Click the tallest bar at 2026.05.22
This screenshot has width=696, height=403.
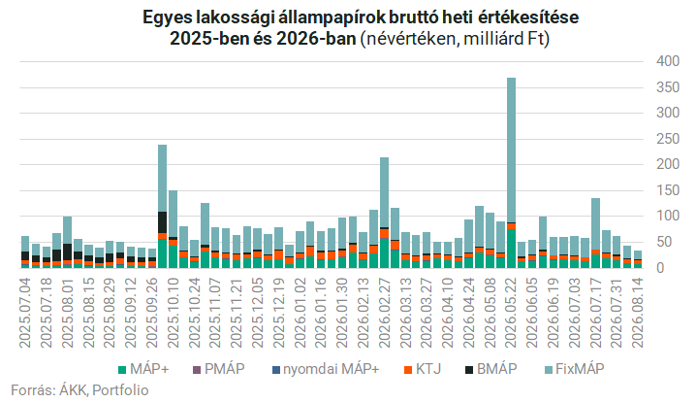(512, 173)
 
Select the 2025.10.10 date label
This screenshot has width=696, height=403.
(174, 313)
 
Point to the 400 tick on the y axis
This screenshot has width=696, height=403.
(668, 61)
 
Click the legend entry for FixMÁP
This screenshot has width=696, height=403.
(575, 369)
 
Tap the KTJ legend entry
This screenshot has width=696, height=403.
(422, 369)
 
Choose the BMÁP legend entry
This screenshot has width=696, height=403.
(490, 369)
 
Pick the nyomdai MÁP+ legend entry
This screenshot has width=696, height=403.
(326, 369)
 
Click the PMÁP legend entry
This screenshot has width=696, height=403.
(218, 369)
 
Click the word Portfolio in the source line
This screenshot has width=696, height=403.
(120, 390)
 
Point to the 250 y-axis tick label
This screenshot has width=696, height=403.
(668, 139)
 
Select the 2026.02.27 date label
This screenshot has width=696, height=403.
(385, 313)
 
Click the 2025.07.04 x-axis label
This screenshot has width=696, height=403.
(25, 313)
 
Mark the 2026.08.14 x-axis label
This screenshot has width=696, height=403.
(638, 313)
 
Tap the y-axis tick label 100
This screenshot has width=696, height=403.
(668, 217)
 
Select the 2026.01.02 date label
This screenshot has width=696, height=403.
(301, 313)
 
